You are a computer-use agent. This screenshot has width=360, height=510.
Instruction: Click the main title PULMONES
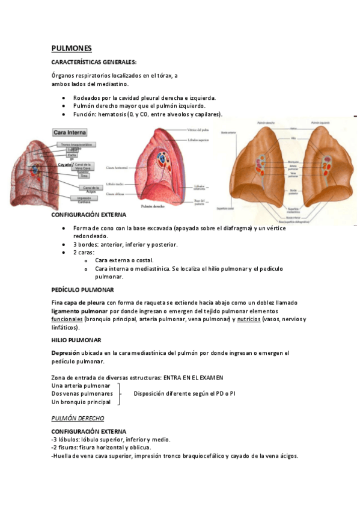pos(72,48)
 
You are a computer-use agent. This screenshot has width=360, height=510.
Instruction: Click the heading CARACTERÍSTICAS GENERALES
pos(94,62)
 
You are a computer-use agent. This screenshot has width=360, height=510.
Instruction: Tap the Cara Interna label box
pos(70,132)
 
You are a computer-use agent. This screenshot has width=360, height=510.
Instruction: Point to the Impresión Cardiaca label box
pos(84,200)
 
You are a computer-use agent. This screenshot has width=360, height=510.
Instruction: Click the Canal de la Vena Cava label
pos(84,166)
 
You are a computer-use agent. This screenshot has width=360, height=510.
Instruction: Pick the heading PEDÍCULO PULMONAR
pos(79,289)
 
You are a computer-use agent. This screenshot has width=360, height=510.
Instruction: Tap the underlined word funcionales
pos(67,319)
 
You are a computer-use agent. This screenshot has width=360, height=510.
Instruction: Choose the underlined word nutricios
pos(249,319)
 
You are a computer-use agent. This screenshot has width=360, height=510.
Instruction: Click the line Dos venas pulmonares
pos(82,393)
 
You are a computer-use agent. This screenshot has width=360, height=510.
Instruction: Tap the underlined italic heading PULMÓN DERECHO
pos(78,418)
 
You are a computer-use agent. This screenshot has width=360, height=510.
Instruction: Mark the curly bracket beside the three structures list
pos(120,393)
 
